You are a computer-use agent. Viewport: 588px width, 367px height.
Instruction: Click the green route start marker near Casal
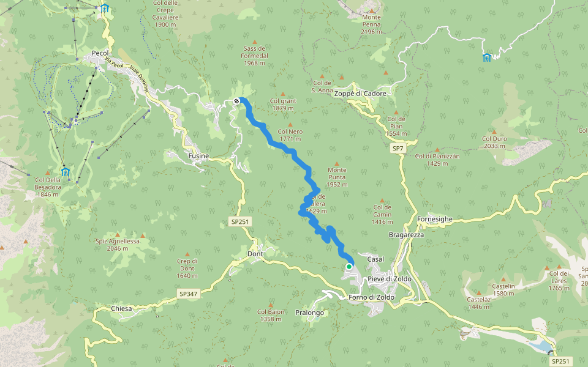(349, 267)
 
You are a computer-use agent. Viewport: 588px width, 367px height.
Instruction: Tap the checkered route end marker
(236, 101)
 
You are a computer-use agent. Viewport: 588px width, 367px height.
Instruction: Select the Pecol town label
(99, 53)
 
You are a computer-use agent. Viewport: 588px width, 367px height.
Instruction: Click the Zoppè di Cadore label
(360, 94)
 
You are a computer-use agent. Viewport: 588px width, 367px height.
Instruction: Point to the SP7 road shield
(398, 149)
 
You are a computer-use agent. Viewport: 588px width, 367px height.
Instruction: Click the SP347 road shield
(188, 294)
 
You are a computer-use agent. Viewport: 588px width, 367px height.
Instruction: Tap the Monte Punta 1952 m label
(337, 177)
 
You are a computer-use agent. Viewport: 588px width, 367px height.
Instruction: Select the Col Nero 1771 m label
(290, 135)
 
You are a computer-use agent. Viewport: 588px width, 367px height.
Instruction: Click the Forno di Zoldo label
(371, 298)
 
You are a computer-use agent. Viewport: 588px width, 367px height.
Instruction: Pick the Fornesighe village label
(435, 219)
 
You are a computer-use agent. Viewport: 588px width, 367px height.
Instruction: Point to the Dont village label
(255, 254)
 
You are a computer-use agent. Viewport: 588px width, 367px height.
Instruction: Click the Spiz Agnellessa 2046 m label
(118, 245)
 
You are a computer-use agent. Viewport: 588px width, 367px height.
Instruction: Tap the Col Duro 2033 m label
(494, 143)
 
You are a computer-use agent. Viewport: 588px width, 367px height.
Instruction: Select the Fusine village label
(198, 156)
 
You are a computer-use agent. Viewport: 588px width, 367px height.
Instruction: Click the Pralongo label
(309, 313)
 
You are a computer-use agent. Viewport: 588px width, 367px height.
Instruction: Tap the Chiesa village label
(122, 309)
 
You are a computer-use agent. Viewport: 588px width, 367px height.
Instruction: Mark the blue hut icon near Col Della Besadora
(65, 172)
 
